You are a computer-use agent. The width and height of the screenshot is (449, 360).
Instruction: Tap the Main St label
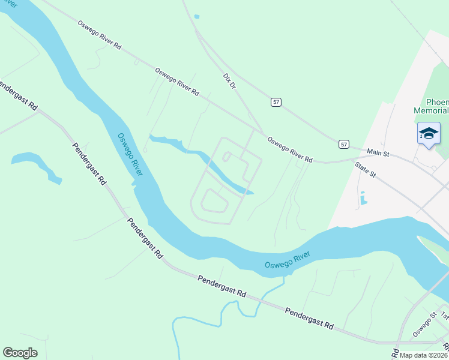378,154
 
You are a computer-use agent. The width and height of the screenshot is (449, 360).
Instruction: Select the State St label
364,170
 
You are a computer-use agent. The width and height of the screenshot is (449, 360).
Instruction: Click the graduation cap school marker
429,133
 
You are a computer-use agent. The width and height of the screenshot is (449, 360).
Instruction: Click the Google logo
20,353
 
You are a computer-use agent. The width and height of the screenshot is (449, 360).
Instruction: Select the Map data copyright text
423,355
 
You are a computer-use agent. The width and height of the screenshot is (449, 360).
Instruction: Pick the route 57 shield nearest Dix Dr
276,103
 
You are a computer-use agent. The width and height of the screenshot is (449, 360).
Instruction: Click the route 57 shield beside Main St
343,144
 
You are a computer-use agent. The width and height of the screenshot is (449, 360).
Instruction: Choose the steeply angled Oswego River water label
130,154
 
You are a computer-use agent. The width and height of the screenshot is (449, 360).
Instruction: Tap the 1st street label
444,315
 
